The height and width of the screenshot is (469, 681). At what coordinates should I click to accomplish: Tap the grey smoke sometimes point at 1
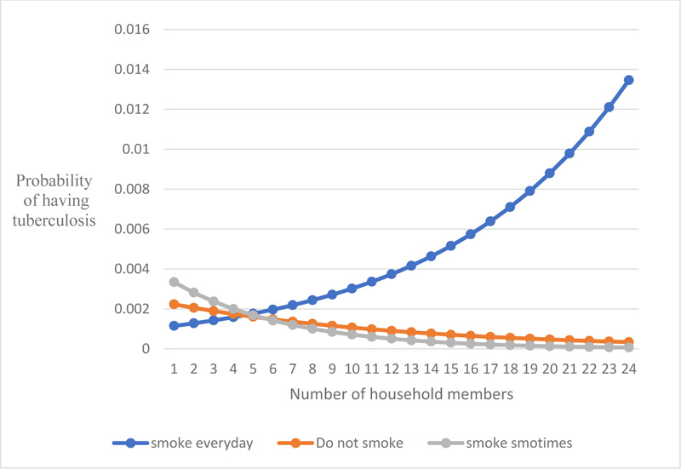coord(173,282)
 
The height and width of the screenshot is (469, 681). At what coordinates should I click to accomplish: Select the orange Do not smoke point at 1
coord(173,304)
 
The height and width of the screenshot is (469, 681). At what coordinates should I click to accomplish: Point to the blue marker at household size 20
coord(549,173)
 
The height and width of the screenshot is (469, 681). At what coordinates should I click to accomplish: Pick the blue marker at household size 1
coord(173,325)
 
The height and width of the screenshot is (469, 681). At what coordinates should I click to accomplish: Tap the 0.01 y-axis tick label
coord(136,149)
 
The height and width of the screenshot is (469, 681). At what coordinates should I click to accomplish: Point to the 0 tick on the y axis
coord(146,349)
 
